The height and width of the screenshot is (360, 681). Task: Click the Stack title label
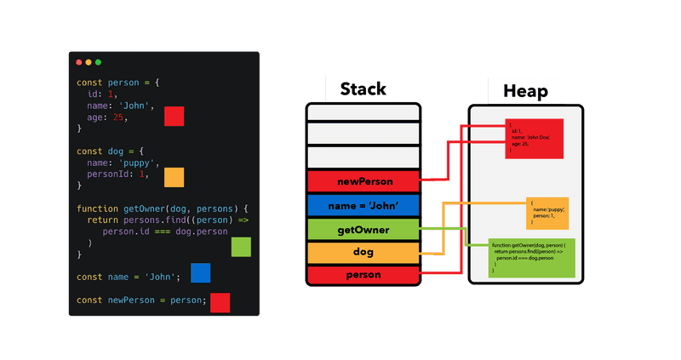[x=363, y=89]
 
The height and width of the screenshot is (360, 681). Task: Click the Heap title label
[x=525, y=90]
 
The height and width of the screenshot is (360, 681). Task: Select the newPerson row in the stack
[x=363, y=180]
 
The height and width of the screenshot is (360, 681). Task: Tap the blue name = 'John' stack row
[x=363, y=205]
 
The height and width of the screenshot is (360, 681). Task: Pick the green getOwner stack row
[x=363, y=229]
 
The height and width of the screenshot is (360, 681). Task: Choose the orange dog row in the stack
[x=363, y=253]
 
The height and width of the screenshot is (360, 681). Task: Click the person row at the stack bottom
[x=363, y=275]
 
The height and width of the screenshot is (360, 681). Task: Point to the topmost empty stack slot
[x=363, y=111]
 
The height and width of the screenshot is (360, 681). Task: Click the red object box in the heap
[x=534, y=138]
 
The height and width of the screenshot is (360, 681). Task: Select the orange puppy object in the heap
[x=547, y=213]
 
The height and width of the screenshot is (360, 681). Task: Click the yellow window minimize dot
[x=89, y=62]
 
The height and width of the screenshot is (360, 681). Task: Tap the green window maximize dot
[x=98, y=62]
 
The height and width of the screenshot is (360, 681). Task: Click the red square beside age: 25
[x=175, y=117]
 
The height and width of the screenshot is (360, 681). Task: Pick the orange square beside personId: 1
[x=174, y=177]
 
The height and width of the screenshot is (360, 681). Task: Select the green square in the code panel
[x=241, y=247]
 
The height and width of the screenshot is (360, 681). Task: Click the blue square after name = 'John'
[x=200, y=272]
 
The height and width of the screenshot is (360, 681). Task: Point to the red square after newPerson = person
[x=220, y=302]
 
